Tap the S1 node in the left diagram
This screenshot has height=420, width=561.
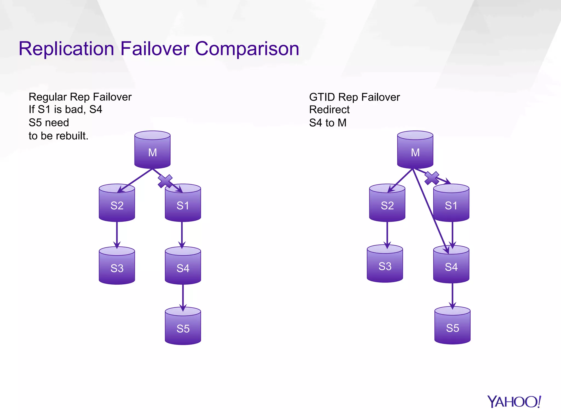183,204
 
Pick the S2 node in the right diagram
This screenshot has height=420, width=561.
387,204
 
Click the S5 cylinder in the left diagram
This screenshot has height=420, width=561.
183,326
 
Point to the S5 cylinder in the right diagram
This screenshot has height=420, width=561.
452,326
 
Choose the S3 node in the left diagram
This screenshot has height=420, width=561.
117,266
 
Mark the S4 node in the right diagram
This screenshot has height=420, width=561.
451,265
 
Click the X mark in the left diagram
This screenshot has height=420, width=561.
165,181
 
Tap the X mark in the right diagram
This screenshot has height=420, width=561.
432,178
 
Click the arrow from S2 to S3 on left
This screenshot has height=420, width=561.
117,234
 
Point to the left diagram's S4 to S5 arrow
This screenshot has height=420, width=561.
183,297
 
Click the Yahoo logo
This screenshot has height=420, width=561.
514,402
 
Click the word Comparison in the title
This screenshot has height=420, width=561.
247,49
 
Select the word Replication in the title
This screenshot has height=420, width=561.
66,49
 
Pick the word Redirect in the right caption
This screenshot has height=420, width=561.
329,110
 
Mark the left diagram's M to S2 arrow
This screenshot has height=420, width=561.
135,180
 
